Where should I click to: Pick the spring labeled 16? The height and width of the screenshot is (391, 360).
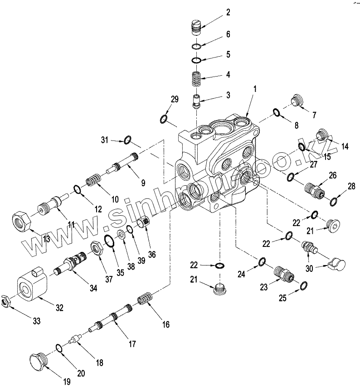[145, 300]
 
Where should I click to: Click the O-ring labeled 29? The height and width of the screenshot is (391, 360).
[165, 119]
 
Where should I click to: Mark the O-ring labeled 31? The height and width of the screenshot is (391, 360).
[128, 140]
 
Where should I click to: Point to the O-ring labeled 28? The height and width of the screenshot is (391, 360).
[333, 200]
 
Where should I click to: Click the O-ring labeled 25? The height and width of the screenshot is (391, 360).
[304, 285]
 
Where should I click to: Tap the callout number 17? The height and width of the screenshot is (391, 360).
[132, 344]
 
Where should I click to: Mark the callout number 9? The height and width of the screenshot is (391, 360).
[143, 183]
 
